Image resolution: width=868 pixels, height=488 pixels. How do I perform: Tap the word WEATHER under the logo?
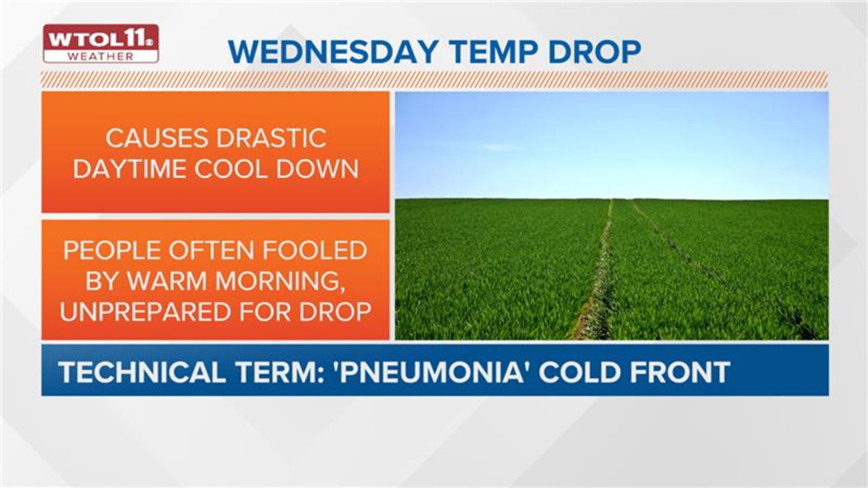pyautogui.click(x=100, y=56)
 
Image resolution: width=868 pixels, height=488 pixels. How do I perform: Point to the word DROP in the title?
pyautogui.click(x=594, y=52)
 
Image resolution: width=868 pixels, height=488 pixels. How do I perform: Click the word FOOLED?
pyautogui.click(x=315, y=250)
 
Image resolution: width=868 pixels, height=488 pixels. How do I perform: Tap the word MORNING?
pyautogui.click(x=277, y=281)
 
